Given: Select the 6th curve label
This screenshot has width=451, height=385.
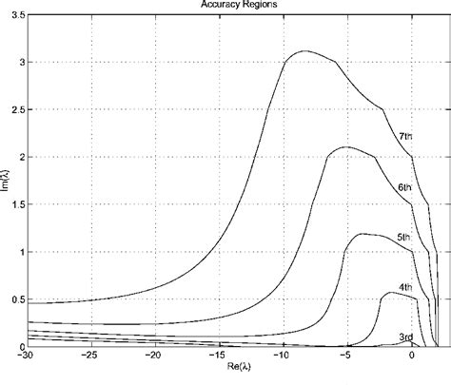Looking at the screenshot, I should coord(405,187).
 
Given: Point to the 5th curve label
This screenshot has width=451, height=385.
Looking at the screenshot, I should coord(403,237).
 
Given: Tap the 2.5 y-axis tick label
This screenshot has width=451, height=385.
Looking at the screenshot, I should coord(17,110).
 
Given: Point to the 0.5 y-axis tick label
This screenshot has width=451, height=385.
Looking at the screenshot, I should coord(17,299).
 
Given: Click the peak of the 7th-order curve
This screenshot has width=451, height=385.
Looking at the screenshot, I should coord(304,51).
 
